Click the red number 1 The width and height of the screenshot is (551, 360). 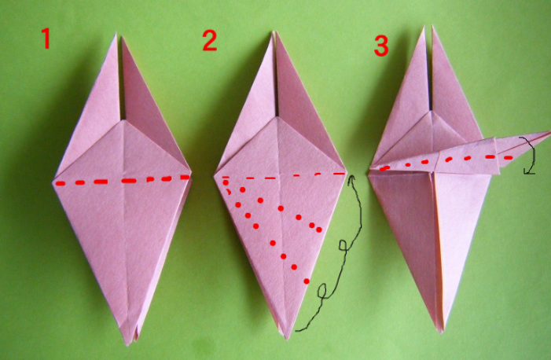46,39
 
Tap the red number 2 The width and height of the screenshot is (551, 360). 209,40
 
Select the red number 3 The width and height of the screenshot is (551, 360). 381,46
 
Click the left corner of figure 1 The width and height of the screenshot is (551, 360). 53,182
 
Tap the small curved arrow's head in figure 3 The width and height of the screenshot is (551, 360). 527,172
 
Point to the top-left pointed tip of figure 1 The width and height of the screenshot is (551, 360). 116,33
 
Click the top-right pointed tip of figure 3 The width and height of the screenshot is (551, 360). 432,26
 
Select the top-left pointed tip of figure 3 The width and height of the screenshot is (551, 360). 424,27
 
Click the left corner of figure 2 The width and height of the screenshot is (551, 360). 214,176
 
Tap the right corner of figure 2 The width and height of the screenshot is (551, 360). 347,171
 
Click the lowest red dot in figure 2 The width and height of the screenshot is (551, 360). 307,281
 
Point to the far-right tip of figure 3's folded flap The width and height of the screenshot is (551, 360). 549,132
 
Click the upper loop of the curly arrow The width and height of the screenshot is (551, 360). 344,245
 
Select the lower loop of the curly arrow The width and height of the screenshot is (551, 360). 322,291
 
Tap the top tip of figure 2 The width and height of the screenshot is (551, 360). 274,32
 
